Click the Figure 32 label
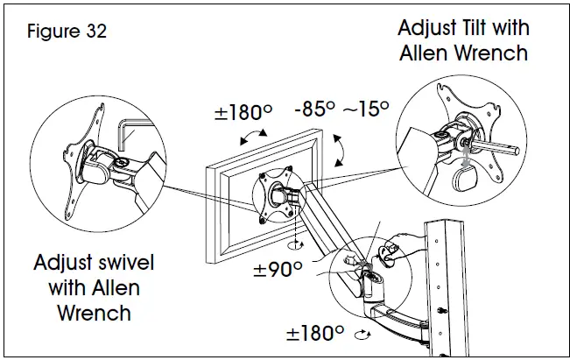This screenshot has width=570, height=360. coord(67,32)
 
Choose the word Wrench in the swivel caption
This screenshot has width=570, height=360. coord(95,312)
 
